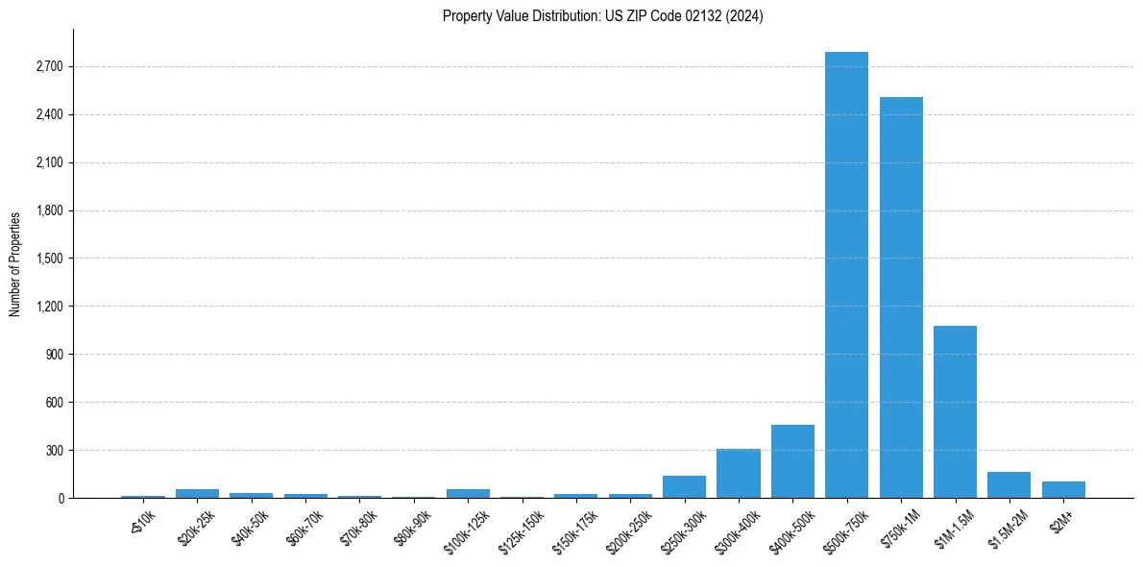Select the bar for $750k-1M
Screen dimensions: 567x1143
(x=901, y=298)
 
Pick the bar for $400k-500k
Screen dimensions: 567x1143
(x=792, y=461)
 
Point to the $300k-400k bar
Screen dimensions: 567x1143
(x=738, y=473)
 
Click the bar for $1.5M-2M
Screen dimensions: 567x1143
(x=1009, y=484)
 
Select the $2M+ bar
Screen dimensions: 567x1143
(x=1063, y=489)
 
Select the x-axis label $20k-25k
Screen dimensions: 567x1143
(x=197, y=528)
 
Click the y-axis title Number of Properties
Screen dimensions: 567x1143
(x=14, y=264)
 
